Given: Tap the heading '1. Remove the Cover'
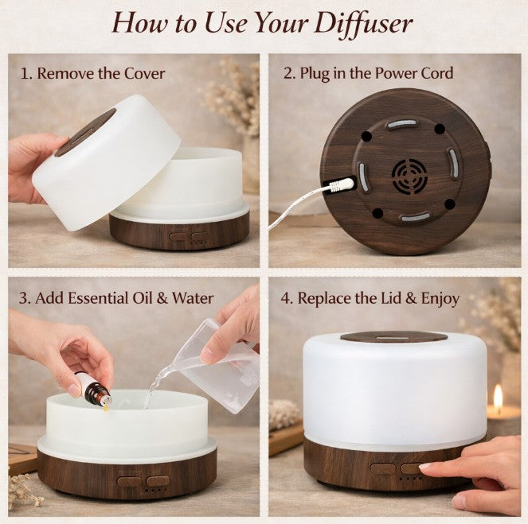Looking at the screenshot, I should tap(92, 74).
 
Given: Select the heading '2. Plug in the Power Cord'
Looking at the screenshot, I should tap(369, 74).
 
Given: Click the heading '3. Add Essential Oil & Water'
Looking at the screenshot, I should tap(116, 298).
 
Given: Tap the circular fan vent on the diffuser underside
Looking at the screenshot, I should tap(409, 176).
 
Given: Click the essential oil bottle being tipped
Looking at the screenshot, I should tap(95, 390).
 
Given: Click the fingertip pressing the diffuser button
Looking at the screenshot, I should tap(425, 468).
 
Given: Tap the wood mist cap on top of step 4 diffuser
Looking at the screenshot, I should tap(393, 336).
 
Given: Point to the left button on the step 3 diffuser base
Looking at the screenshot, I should tap(128, 481).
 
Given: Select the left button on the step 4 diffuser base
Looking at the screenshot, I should tap(383, 468).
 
